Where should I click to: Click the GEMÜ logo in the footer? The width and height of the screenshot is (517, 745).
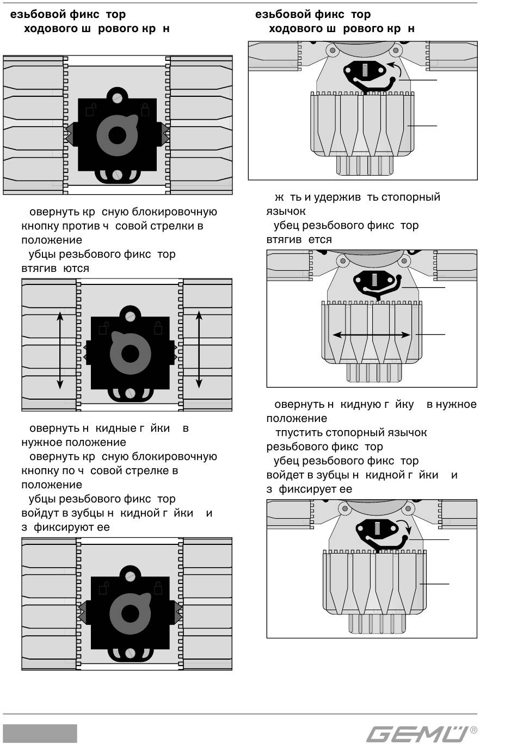pyautogui.click(x=417, y=734)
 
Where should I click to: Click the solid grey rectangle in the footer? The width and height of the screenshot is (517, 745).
pyautogui.click(x=40, y=734)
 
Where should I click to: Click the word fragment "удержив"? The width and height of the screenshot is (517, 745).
pyautogui.click(x=337, y=197)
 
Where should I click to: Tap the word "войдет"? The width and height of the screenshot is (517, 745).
pyautogui.click(x=285, y=475)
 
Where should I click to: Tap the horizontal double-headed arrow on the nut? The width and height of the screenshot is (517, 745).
pyautogui.click(x=372, y=335)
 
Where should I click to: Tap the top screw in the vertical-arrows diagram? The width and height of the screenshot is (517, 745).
pyautogui.click(x=130, y=315)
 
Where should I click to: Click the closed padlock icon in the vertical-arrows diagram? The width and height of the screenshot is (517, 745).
pyautogui.click(x=158, y=328)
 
